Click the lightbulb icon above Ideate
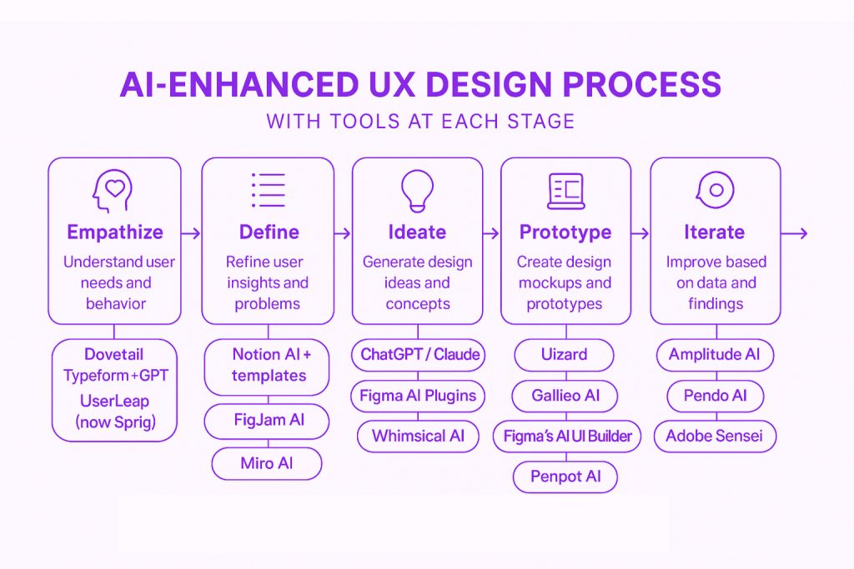click(417, 191)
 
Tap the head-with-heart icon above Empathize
click(113, 191)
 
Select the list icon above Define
click(268, 191)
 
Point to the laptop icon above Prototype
click(566, 191)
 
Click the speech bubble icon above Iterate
click(715, 190)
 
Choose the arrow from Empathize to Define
click(191, 233)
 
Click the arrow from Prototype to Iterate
click(640, 233)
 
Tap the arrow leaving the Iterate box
click(794, 233)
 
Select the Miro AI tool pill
click(267, 463)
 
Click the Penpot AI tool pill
click(565, 477)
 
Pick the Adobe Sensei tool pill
click(715, 437)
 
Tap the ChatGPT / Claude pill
click(419, 355)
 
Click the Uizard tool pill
click(565, 355)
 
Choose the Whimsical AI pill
click(419, 437)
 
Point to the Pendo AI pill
click(715, 396)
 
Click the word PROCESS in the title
click(641, 84)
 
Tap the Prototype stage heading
click(565, 232)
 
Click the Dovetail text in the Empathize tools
click(113, 355)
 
